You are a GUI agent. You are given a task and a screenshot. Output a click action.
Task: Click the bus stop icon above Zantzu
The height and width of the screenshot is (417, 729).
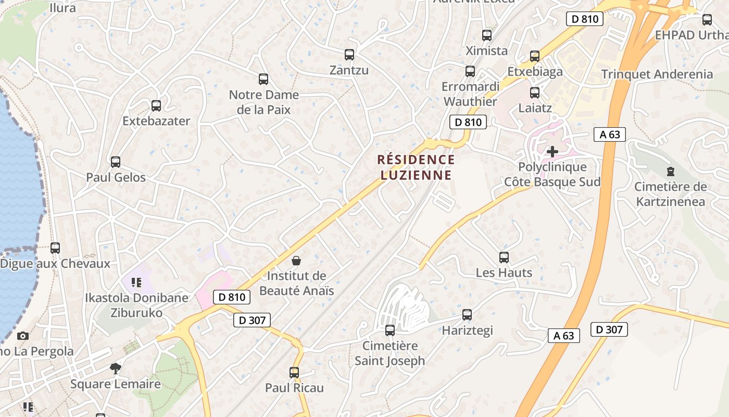[349, 54]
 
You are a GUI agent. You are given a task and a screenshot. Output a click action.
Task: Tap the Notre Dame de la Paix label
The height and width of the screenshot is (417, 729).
[264, 102]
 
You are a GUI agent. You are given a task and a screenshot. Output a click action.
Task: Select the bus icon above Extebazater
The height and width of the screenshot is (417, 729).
[156, 106]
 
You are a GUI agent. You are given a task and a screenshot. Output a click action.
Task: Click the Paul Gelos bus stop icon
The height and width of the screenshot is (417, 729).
[116, 162]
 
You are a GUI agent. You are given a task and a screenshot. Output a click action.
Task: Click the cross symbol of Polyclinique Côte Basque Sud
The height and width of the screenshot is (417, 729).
[552, 152]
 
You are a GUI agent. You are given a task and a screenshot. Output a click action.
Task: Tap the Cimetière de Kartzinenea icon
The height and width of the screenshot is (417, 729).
[671, 171]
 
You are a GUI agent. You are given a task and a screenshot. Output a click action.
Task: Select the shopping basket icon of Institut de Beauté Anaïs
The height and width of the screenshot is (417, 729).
[296, 260]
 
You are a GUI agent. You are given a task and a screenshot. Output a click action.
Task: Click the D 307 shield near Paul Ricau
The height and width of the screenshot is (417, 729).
[252, 320]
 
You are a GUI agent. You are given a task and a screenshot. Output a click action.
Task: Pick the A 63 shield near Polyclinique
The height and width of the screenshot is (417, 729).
[610, 134]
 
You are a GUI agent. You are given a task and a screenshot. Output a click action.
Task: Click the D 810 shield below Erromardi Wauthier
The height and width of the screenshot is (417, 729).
[468, 122]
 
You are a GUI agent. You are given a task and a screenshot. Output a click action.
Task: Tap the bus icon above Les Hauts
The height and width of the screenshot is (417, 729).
[504, 257]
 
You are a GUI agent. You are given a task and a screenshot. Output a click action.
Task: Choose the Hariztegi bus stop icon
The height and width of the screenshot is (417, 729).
[467, 315]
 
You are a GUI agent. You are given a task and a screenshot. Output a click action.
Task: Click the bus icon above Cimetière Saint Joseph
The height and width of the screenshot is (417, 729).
[390, 330]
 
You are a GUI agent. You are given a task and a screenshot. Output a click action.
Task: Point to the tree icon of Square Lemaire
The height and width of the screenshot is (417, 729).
[116, 369]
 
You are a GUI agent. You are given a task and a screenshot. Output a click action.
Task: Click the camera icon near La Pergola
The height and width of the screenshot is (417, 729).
[23, 336]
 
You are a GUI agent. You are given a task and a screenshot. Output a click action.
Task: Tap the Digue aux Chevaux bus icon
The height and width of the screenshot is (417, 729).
[55, 248]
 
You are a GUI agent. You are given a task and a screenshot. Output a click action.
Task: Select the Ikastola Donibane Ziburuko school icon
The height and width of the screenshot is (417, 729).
[136, 283]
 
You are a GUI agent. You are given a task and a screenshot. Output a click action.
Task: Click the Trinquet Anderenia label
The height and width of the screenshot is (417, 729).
[657, 74]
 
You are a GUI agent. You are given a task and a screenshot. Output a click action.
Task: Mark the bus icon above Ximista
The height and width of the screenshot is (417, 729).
[487, 35]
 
